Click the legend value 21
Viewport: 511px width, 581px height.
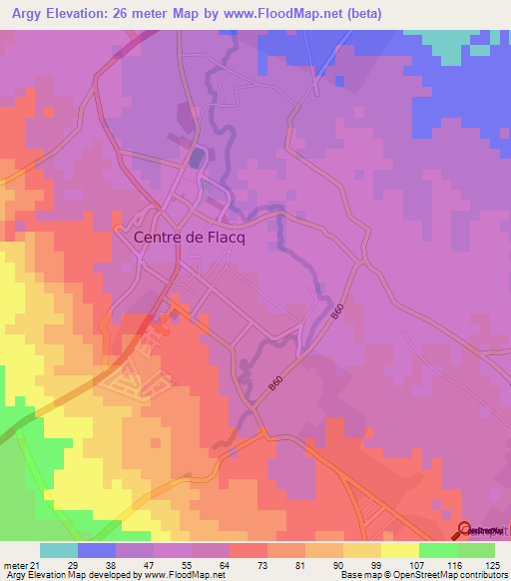[40, 564]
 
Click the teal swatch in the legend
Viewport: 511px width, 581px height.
[59, 550]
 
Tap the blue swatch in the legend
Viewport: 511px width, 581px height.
[97, 550]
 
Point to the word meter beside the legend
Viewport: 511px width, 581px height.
[16, 564]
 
